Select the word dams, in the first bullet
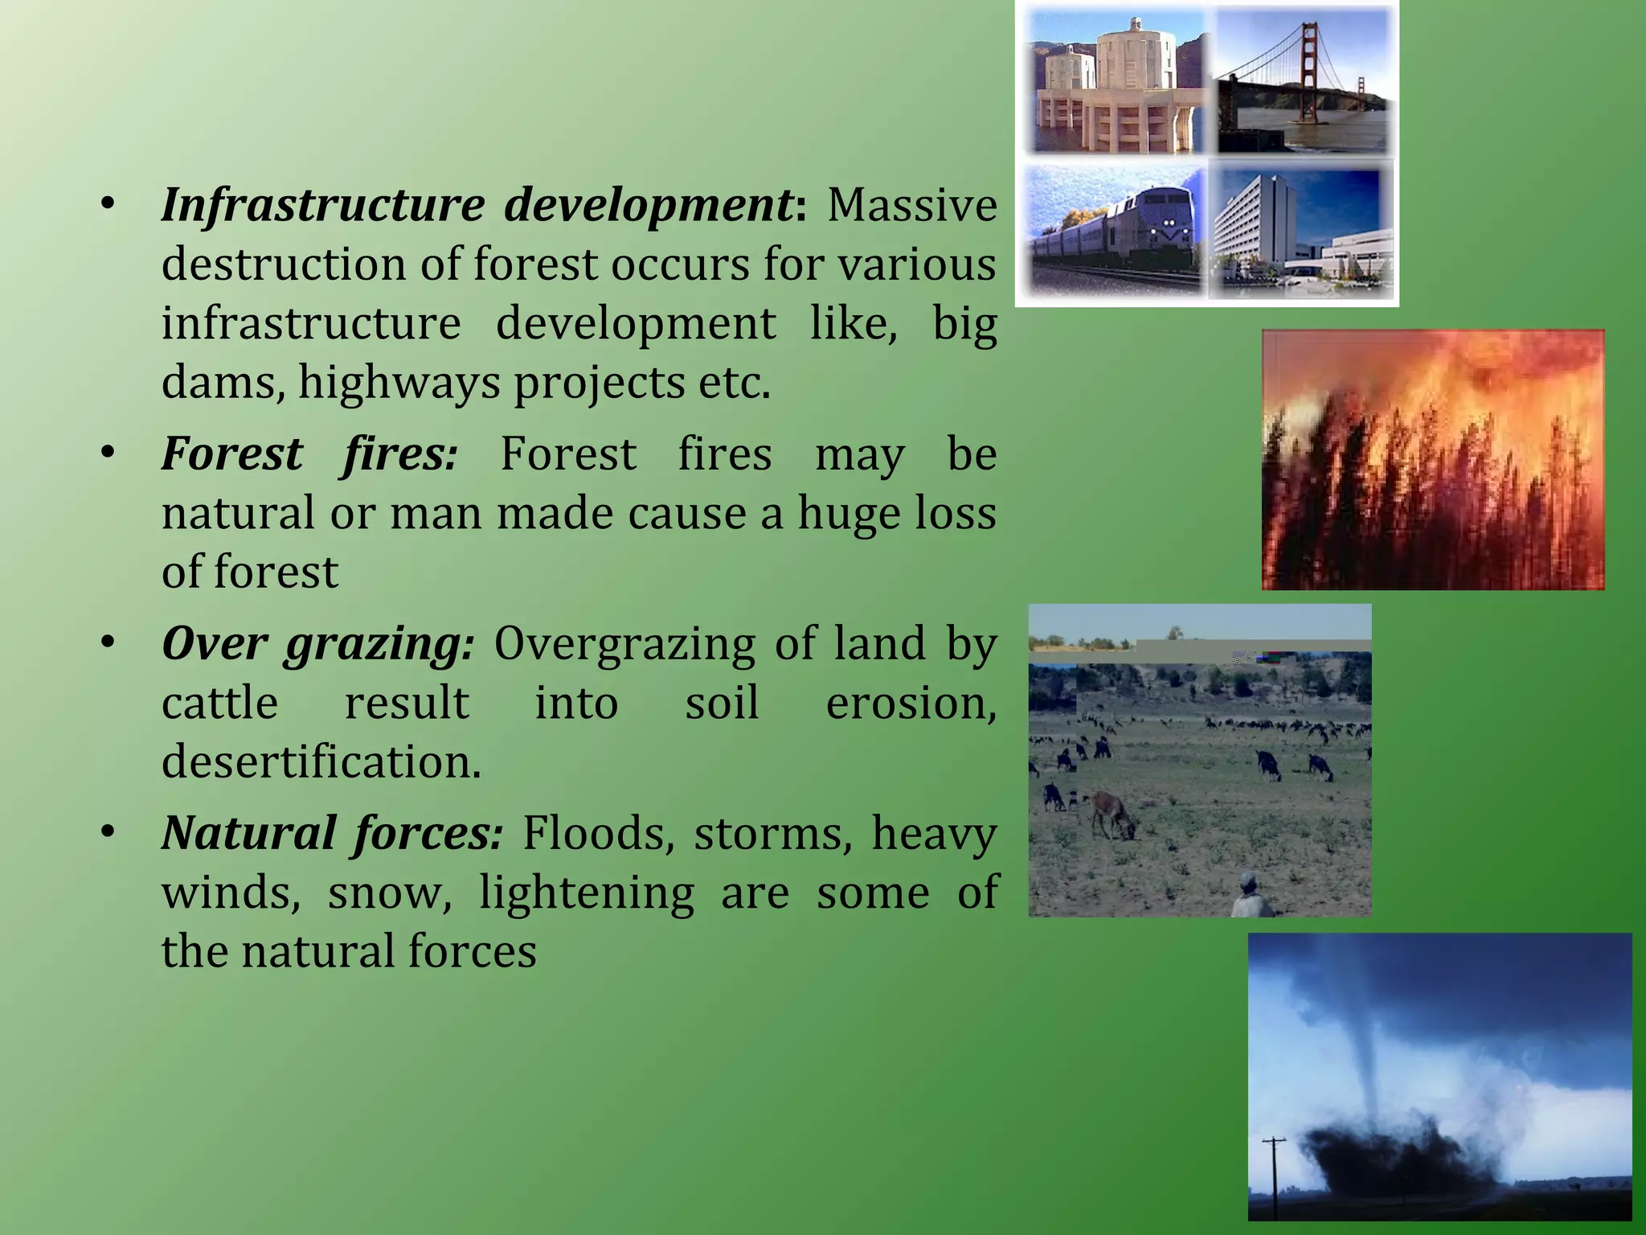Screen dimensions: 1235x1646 coord(223,383)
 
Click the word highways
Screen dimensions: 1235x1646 coord(399,383)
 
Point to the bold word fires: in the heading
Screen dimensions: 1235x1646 coord(399,453)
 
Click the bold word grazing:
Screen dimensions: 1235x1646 coord(379,645)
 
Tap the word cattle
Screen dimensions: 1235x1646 coord(219,703)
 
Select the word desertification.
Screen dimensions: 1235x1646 coord(321,761)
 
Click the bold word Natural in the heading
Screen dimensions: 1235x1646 coord(248,833)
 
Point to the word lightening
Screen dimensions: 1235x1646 coord(587,892)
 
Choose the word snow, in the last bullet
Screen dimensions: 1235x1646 coord(390,892)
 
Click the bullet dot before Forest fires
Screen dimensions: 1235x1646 coord(108,453)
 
